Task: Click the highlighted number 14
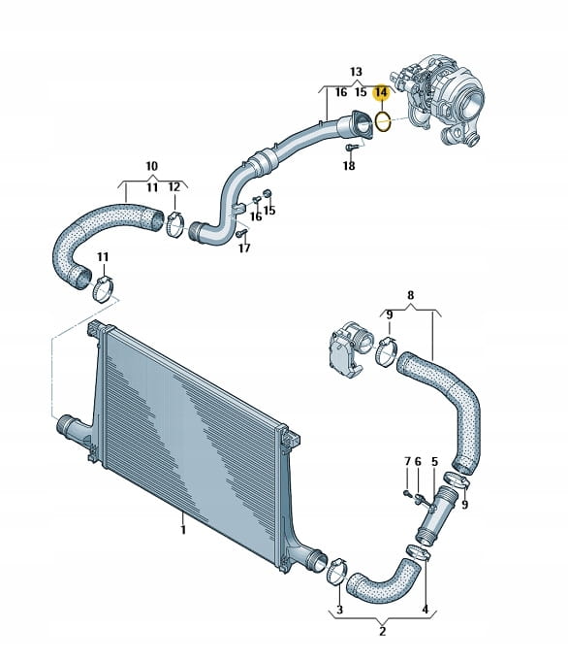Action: point(382,92)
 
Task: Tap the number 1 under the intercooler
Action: point(183,529)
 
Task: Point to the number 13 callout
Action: point(356,72)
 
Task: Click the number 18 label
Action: point(349,166)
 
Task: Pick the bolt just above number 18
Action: point(352,148)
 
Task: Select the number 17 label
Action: point(244,248)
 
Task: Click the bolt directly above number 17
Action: point(241,233)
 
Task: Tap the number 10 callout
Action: point(151,166)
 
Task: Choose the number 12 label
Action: point(174,187)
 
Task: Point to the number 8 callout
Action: point(411,295)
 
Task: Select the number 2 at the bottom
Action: point(382,632)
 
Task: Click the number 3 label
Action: point(340,610)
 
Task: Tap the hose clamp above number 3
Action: point(337,571)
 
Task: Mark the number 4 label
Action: point(426,610)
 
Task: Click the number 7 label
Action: point(407,462)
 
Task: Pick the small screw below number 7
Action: point(406,492)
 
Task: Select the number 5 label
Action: point(434,462)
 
